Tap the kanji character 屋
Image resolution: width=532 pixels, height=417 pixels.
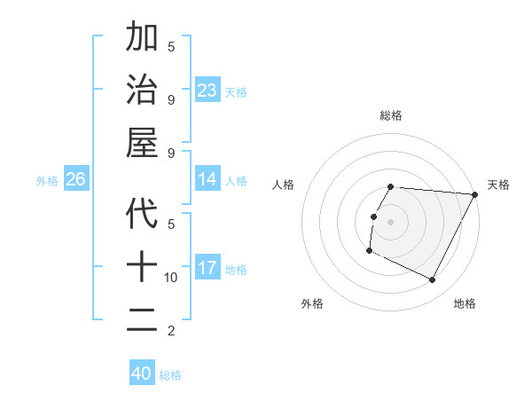(142, 143)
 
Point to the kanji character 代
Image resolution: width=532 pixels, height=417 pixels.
(142, 213)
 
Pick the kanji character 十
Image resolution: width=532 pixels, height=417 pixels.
(142, 266)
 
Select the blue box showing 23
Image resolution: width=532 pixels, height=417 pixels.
(207, 90)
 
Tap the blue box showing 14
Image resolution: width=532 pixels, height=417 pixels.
(207, 179)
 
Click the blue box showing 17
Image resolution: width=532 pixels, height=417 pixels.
(207, 268)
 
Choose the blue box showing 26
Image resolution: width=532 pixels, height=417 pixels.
(75, 179)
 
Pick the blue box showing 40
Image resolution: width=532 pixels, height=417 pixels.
(142, 374)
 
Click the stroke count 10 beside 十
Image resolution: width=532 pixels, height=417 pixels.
(171, 278)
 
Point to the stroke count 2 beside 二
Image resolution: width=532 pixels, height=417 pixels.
(171, 331)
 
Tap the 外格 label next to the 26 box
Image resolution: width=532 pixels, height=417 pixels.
(47, 181)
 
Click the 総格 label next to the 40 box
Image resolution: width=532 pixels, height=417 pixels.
(170, 375)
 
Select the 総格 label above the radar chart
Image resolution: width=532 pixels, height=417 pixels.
(391, 115)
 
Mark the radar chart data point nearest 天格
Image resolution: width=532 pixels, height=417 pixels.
(475, 195)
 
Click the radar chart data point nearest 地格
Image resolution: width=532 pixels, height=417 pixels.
(433, 280)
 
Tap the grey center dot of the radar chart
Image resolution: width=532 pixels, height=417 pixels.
(391, 222)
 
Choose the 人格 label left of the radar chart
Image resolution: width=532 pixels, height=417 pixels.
(284, 185)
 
